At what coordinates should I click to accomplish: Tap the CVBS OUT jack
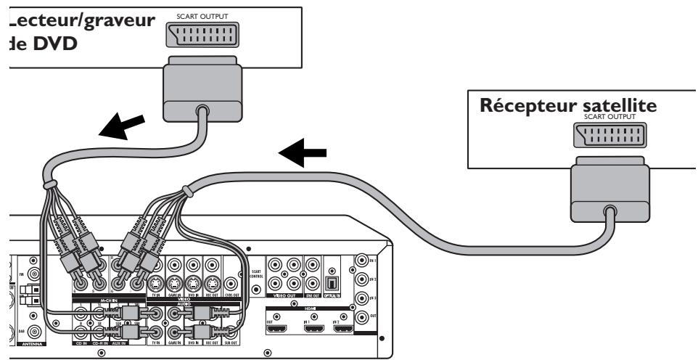point(230,284)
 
